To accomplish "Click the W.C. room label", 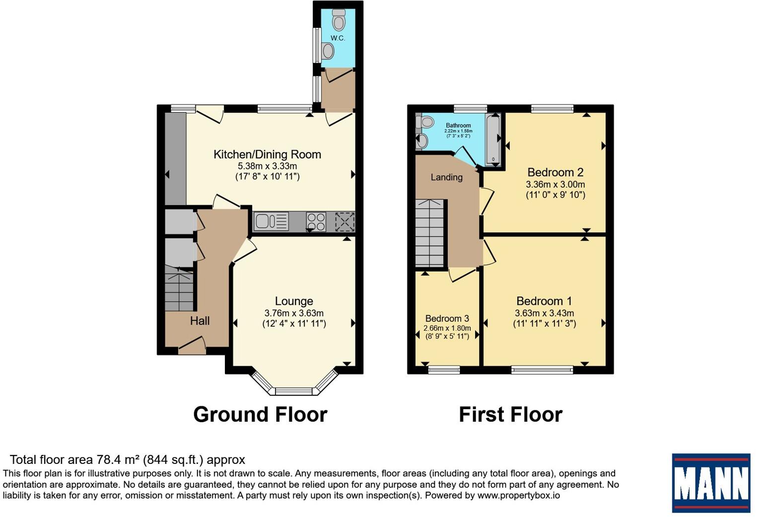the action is (x=338, y=38).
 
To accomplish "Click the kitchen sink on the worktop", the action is (x=271, y=222).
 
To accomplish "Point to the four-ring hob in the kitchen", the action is (x=316, y=222).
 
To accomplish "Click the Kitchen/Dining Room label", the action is (x=267, y=154).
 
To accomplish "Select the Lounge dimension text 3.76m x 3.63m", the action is (x=294, y=313).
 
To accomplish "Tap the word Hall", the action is (x=200, y=321).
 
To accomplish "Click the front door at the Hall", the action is (x=192, y=346).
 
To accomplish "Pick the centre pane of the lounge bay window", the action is (x=294, y=391).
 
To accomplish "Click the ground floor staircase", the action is (x=179, y=288).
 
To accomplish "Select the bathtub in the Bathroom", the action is (x=493, y=140).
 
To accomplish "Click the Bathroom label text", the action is (x=458, y=126).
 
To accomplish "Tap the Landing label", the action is (x=446, y=177).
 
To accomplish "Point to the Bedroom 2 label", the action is (x=555, y=172).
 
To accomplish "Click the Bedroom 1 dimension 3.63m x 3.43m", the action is (x=544, y=313).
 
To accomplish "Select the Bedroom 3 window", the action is (x=444, y=369).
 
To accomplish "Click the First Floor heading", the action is (x=510, y=414).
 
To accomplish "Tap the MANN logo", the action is (x=711, y=483).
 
